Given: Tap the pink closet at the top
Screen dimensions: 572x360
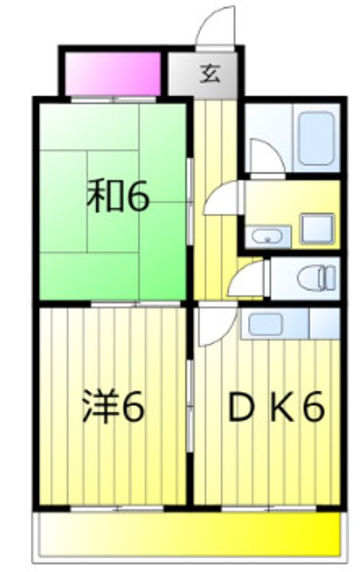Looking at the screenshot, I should [112, 73].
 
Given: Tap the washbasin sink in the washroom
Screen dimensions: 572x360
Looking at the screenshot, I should [268, 235].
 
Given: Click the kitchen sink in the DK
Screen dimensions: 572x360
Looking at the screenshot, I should [267, 323].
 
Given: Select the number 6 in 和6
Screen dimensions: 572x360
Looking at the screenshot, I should [136, 198].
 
